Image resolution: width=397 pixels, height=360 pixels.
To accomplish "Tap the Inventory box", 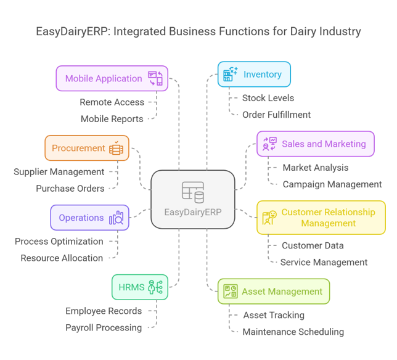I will [x=254, y=75].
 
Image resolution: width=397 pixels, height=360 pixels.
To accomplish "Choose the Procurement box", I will [x=87, y=148].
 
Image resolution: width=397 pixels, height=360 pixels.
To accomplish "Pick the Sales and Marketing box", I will [x=315, y=144].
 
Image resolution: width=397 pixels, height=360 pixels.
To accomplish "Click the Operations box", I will [x=89, y=218].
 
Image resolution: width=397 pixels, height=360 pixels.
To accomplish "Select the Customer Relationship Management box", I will [x=321, y=217].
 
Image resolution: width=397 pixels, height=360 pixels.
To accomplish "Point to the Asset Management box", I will [x=273, y=291].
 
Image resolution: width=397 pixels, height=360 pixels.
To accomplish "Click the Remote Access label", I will [x=112, y=102].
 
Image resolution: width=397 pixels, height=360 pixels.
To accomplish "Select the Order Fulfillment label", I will [x=276, y=114].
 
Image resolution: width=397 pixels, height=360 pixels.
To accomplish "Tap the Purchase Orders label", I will [x=70, y=188].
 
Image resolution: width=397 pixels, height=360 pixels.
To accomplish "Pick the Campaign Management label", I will [x=332, y=184].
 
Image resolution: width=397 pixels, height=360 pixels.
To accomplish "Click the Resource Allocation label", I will [x=62, y=258].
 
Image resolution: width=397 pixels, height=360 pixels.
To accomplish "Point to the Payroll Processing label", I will [x=104, y=327].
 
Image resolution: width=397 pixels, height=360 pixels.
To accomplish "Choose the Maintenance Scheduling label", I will [x=293, y=332].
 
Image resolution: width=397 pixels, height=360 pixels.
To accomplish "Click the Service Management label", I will [x=324, y=262].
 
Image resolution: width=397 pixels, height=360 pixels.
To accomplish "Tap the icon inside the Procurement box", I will [x=116, y=148].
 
